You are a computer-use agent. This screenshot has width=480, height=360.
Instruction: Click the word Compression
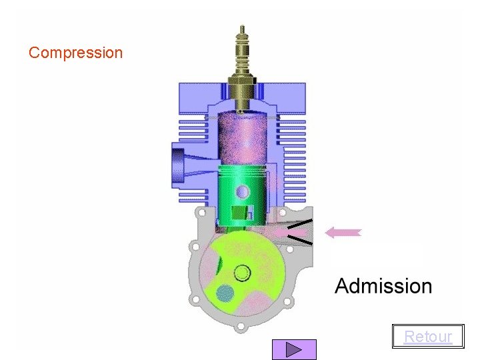(x=75, y=53)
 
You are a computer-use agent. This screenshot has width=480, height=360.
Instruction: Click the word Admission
(x=383, y=286)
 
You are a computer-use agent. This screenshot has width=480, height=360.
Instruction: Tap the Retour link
(x=428, y=337)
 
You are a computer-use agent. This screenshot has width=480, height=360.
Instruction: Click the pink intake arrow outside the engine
(x=343, y=233)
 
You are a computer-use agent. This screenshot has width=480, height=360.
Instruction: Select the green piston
(x=242, y=196)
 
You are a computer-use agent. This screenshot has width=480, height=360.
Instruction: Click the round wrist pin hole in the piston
(x=243, y=192)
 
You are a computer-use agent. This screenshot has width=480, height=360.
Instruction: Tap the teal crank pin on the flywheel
(x=225, y=293)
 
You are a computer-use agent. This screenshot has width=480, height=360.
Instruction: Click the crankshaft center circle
(x=242, y=273)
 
